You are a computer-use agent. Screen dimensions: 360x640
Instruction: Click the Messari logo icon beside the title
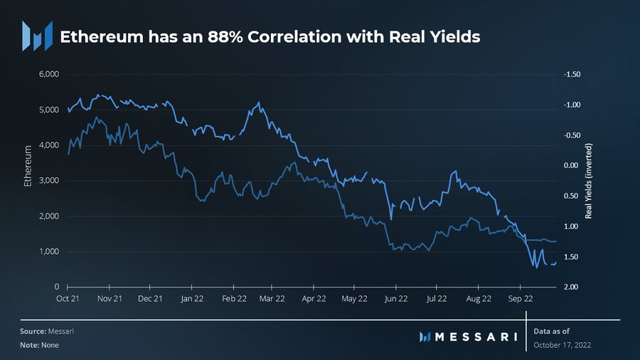(x=37, y=36)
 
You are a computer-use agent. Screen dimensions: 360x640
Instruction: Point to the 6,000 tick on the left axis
(x=49, y=75)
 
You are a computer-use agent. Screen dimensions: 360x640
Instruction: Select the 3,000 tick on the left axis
(x=49, y=181)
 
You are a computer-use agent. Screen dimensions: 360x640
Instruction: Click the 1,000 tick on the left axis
(x=49, y=252)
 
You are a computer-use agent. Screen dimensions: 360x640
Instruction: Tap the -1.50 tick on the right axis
(x=572, y=75)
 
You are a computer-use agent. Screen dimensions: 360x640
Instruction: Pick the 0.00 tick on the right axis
(x=572, y=166)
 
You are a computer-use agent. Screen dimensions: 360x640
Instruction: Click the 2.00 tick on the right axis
(x=572, y=287)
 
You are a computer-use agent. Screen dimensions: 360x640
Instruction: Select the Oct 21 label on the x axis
(x=68, y=300)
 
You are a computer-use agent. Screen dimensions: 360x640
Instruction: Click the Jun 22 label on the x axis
(x=396, y=300)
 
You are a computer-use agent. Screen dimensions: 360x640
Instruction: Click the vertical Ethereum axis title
(x=28, y=166)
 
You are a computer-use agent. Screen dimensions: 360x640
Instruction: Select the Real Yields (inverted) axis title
(x=589, y=181)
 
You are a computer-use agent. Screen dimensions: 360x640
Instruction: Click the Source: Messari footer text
(x=48, y=332)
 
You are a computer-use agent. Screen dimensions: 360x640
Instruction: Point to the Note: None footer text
(x=39, y=345)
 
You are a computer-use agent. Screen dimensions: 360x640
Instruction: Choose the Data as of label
(x=552, y=332)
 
